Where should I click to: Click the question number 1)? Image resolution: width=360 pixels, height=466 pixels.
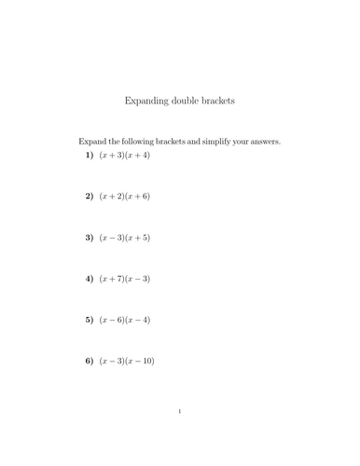(x=90, y=156)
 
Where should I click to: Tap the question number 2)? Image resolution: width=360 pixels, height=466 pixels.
(x=90, y=197)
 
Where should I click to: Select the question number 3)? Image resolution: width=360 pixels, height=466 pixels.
(x=90, y=238)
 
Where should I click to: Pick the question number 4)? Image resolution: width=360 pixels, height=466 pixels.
(x=90, y=279)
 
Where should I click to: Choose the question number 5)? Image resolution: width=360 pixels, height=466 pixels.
(x=90, y=320)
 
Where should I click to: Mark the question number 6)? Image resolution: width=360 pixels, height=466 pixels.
(x=90, y=361)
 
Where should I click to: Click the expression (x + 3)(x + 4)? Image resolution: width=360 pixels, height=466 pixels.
(x=125, y=156)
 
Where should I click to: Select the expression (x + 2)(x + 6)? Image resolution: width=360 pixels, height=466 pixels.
(x=125, y=197)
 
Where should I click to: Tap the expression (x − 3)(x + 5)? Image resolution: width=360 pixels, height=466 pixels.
(x=125, y=238)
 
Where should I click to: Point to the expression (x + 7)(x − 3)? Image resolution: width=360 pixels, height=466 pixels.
(x=125, y=279)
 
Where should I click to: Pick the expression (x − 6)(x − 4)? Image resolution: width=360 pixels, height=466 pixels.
(x=125, y=320)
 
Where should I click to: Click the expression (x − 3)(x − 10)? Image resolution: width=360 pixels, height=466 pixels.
(x=127, y=361)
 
